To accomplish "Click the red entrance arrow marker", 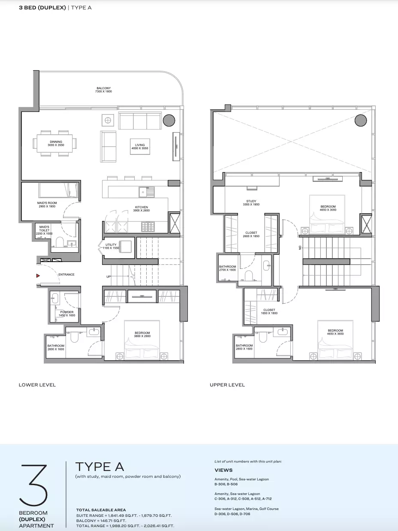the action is (x=38, y=275).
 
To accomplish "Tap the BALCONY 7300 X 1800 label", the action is (x=103, y=90).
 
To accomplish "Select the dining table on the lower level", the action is (x=54, y=143).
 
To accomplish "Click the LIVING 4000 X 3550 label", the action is (x=140, y=147).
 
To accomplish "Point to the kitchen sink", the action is (x=147, y=192).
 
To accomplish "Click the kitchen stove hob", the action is (x=148, y=226).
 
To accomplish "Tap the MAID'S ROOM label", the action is (x=47, y=205).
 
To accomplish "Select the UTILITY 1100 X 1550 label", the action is (x=111, y=246).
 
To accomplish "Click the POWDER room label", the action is (x=67, y=314).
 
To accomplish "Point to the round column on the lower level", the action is (x=169, y=120).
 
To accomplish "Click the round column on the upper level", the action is (x=361, y=120).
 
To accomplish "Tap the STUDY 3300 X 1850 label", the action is (x=251, y=203).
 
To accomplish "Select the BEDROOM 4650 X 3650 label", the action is (x=335, y=332).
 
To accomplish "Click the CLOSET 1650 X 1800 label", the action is (x=269, y=311).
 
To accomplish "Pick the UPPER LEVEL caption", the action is (x=227, y=385).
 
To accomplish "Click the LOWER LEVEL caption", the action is (x=37, y=385).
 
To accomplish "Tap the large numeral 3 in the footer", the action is (x=33, y=485).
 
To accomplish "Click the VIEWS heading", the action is (x=223, y=470).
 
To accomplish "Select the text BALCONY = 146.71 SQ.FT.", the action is (x=101, y=521).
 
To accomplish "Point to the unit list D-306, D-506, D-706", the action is (x=232, y=514).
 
